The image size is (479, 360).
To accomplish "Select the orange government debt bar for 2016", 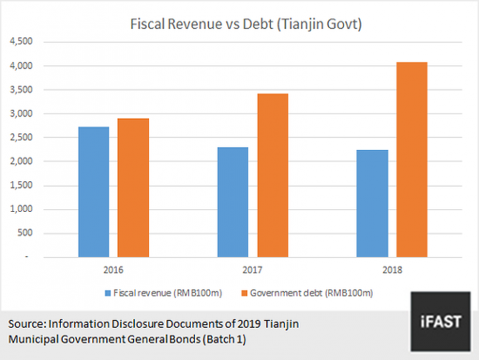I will (x=133, y=188).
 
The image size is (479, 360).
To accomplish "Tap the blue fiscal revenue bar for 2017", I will (x=233, y=202).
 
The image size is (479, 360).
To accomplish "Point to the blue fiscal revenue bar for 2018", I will (x=372, y=203).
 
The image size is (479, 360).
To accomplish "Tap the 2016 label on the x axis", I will (x=114, y=271).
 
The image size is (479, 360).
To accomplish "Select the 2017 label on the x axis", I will (x=252, y=271).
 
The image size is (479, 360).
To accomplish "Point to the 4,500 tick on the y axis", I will (x=22, y=42).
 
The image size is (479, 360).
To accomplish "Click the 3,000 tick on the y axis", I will (x=22, y=114).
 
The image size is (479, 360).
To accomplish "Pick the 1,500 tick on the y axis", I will (x=22, y=185).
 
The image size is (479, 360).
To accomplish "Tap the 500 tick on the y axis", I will (x=27, y=233).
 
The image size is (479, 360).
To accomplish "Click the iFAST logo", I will (x=440, y=321).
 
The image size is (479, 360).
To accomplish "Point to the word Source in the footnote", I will (x=27, y=324).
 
